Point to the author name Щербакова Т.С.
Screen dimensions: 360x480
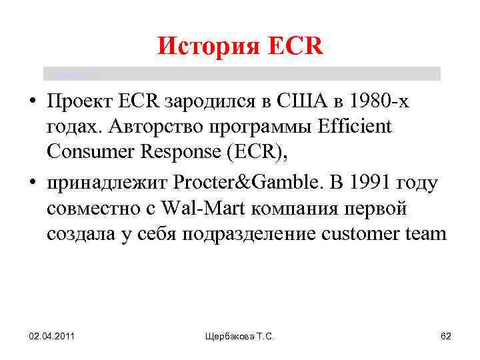coord(241,337)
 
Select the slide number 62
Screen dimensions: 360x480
coord(446,337)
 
